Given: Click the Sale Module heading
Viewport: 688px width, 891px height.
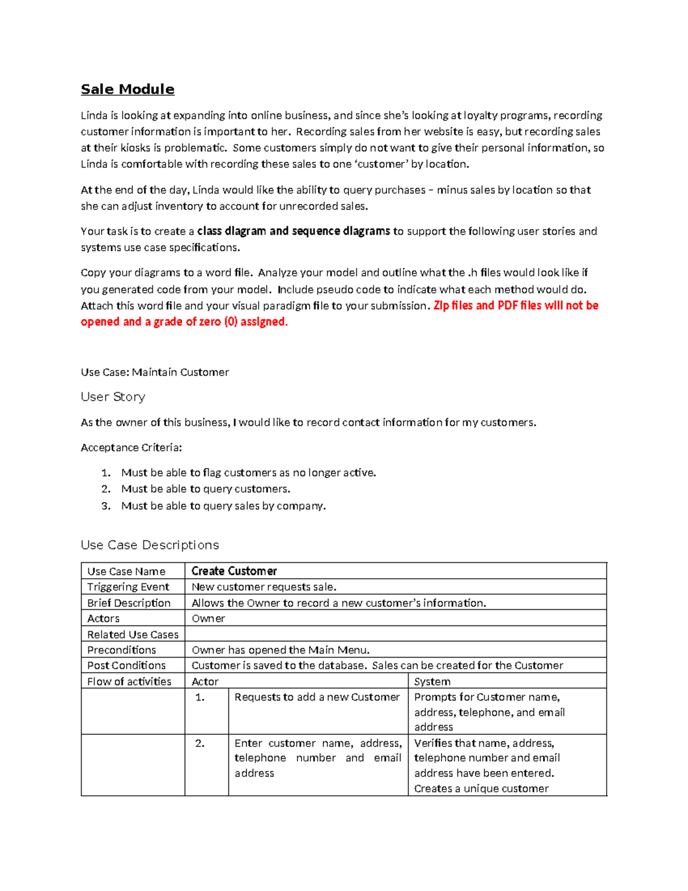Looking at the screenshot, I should (x=127, y=90).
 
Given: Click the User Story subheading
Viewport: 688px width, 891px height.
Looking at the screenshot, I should (x=113, y=397).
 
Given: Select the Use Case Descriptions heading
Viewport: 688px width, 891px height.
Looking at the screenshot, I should (x=150, y=545).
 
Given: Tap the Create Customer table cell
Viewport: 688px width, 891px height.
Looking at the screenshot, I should (x=234, y=571).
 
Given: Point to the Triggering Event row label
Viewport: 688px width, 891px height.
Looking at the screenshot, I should (x=128, y=587).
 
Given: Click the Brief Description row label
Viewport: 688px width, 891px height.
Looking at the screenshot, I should (x=129, y=603).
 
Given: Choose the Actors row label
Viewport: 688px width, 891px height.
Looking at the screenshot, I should (x=103, y=618).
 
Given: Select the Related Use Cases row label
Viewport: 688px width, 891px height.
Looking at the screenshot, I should (x=132, y=635).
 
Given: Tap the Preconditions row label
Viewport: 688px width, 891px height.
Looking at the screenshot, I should (x=122, y=650).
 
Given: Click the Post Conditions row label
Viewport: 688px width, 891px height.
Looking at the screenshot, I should (x=126, y=666).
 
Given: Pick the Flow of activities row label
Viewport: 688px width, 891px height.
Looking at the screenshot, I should (x=129, y=682).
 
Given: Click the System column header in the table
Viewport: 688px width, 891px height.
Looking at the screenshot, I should (x=432, y=682).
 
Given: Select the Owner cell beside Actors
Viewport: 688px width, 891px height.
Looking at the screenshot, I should (x=208, y=618).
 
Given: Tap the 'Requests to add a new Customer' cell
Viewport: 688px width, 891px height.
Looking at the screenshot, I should (x=317, y=697).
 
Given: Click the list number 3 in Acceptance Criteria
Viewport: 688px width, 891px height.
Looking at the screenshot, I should (x=106, y=506).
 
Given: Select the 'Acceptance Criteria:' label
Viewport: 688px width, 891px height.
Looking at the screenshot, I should (x=131, y=448).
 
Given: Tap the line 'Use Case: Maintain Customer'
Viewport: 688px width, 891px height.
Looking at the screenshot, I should (x=155, y=372).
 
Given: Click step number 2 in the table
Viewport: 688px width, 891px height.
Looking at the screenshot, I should (x=200, y=744).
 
